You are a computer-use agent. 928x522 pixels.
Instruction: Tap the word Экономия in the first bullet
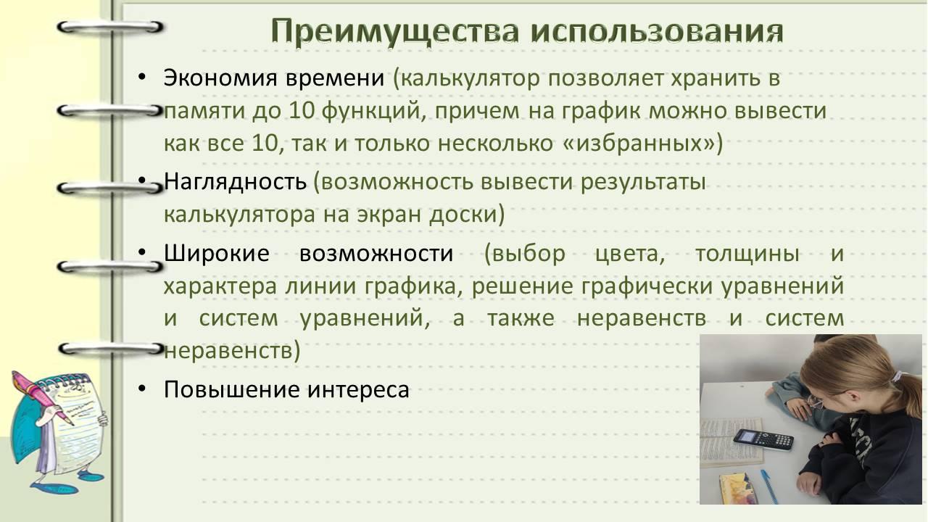click(220, 78)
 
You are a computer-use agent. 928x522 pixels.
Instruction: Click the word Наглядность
click(236, 182)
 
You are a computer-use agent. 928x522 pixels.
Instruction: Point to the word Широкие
click(217, 253)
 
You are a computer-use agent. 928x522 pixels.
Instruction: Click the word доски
click(463, 215)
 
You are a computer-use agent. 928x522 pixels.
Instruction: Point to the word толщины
click(747, 254)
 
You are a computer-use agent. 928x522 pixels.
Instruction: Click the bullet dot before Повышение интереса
click(142, 389)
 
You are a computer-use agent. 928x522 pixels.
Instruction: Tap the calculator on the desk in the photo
click(763, 439)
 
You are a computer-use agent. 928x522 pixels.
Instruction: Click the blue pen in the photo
click(769, 486)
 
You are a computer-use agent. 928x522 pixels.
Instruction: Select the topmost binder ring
click(110, 28)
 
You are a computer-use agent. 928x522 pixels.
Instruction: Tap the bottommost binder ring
click(111, 349)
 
